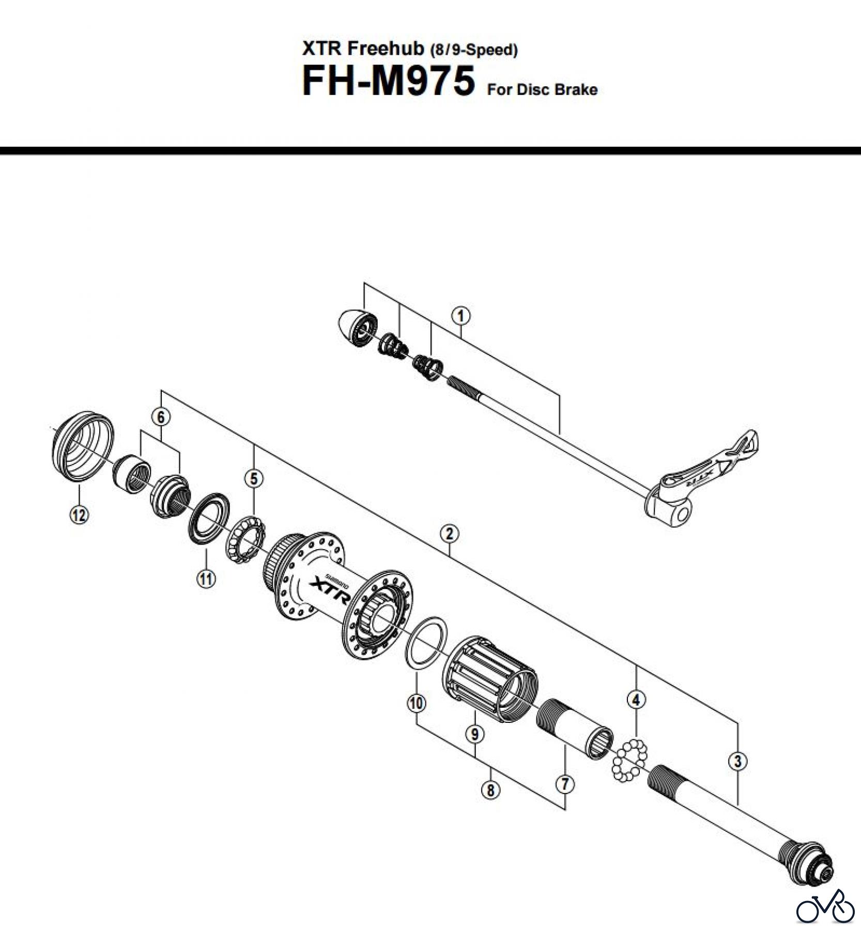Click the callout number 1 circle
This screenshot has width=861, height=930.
pos(460,316)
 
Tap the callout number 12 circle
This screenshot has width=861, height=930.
pos(79,514)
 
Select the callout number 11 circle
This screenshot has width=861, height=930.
pos(206,578)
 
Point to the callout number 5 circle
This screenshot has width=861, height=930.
pos(253,478)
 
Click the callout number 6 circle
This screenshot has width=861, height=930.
pos(161,417)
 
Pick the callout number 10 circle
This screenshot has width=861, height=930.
pos(417,703)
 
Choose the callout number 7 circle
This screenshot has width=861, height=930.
pos(565,784)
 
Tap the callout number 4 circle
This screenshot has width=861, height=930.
pos(636,700)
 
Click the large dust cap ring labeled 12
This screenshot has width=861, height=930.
pos(83,447)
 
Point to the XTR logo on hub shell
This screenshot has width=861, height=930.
pos(331,590)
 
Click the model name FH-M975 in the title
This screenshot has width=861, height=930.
pos(388,81)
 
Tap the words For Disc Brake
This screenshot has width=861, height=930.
pos(542,89)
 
